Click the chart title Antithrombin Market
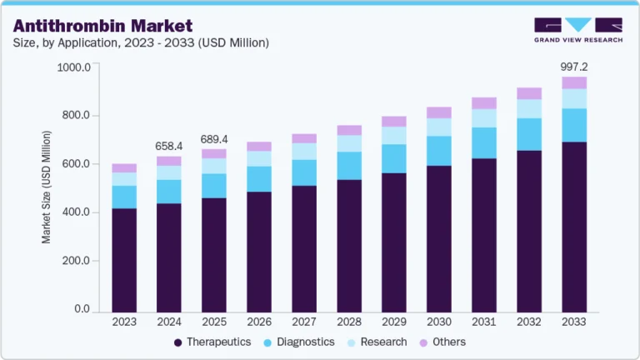(102, 26)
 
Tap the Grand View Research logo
(577, 30)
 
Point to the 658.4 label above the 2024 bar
(169, 147)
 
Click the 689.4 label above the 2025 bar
(214, 138)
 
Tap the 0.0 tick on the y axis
(82, 309)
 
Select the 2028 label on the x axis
(349, 322)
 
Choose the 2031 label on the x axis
(484, 322)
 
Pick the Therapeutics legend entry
(212, 342)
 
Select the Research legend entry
(377, 342)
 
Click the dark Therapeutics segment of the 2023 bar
(124, 260)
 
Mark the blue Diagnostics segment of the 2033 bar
(573, 125)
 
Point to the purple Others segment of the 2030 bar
(439, 112)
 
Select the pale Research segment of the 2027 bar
(304, 151)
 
